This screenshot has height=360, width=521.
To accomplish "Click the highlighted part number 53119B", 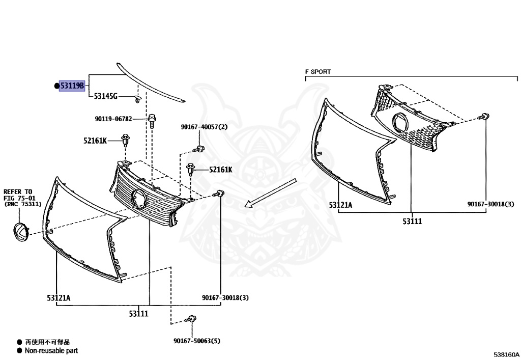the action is point(72,86).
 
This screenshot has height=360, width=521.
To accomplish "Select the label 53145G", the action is point(106,96).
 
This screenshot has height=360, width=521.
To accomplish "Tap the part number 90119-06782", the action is point(113,119).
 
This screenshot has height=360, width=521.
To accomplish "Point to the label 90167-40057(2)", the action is point(205,127).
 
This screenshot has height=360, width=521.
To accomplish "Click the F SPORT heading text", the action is point(318,72).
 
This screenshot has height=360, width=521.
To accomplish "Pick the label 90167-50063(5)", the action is point(197,341).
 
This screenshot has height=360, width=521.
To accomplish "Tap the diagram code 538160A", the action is point(506,354).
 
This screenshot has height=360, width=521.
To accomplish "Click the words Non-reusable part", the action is point(51,351).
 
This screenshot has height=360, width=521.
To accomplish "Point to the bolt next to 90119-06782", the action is point(152,121).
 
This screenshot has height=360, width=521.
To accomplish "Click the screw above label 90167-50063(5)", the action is point(191,319).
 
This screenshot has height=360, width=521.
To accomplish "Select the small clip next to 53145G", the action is point(137,99).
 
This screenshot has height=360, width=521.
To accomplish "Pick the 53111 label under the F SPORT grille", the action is point(412,221).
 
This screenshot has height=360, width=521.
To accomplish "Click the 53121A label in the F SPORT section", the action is point(340,205).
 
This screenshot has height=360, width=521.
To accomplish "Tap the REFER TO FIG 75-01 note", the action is point(22,198).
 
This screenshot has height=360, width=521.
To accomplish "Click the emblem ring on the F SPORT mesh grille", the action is point(400,123).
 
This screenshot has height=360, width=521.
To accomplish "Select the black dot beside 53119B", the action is point(56,86).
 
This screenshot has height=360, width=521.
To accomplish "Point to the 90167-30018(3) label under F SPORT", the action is point(491,204).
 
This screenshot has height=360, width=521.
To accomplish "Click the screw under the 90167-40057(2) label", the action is point(199,149).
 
